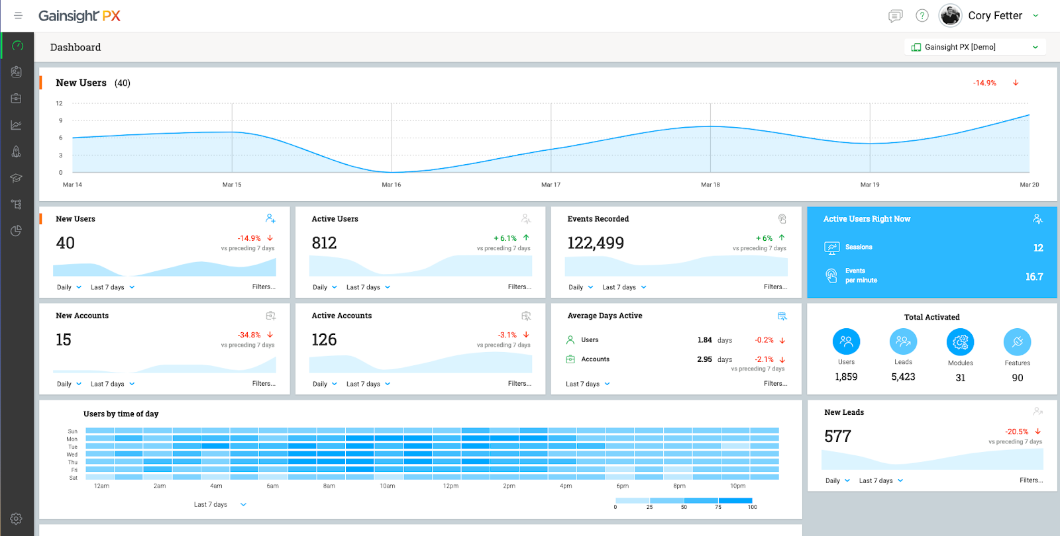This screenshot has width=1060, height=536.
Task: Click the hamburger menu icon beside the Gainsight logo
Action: (x=18, y=16)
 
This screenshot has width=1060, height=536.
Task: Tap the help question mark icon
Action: (x=922, y=16)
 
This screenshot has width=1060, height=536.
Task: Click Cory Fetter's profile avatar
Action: (x=950, y=16)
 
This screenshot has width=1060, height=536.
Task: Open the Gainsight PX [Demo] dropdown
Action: (x=975, y=47)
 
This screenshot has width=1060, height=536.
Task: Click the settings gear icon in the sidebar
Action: (x=16, y=519)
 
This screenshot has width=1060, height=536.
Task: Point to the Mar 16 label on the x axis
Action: (x=392, y=185)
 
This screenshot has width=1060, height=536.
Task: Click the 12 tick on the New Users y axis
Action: (x=59, y=103)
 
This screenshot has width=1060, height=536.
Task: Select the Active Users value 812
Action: (x=324, y=243)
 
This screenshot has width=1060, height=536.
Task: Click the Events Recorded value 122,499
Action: (x=596, y=243)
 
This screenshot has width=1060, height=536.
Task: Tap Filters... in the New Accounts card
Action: (x=264, y=383)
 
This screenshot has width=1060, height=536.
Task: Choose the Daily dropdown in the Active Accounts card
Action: (x=325, y=384)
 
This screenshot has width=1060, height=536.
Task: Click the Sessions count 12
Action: (x=1038, y=247)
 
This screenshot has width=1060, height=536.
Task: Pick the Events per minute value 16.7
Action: (x=1034, y=277)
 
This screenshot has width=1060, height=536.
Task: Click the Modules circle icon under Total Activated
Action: (x=960, y=341)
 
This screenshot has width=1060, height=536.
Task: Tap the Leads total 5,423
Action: (x=903, y=377)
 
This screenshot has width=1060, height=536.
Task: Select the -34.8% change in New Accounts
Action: (x=249, y=335)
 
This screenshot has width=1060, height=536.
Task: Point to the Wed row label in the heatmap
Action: (x=72, y=454)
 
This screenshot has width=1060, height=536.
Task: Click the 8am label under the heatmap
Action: (x=329, y=486)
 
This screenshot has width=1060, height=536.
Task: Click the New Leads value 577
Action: (x=837, y=436)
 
